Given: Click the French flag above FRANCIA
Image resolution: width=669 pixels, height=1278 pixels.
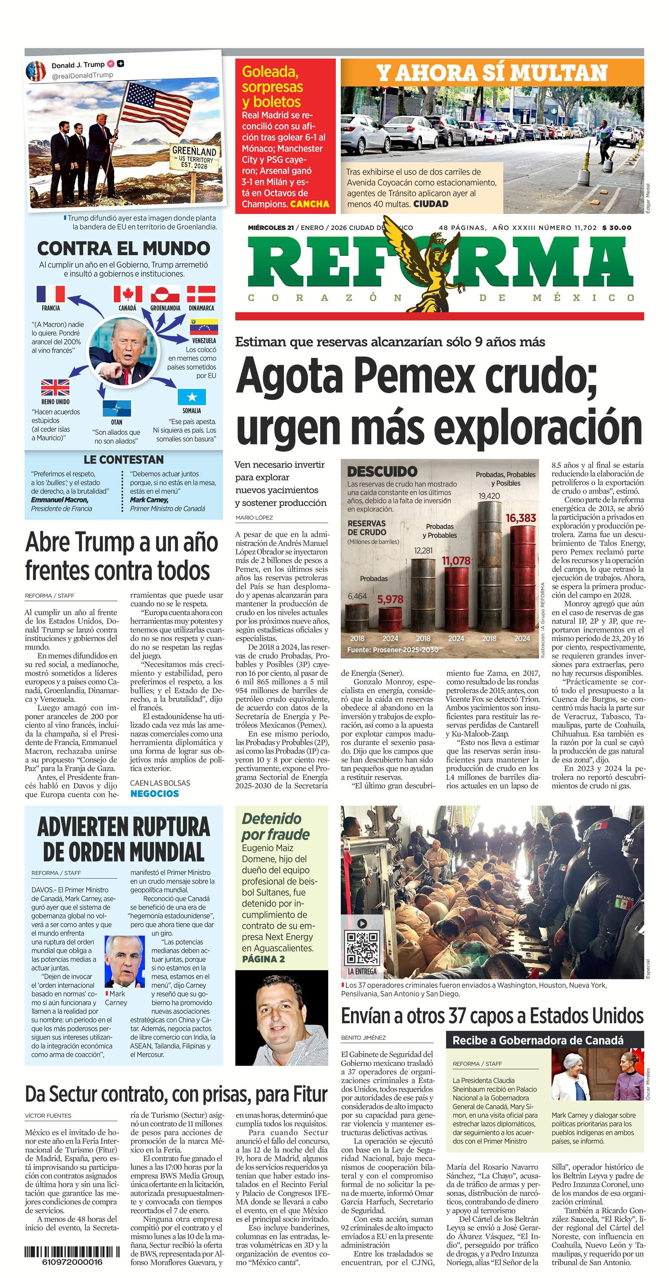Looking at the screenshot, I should point(51,294).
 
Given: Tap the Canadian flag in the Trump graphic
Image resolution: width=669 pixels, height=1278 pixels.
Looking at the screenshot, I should point(127,294).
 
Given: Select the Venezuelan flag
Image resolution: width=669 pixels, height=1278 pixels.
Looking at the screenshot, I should point(204,328).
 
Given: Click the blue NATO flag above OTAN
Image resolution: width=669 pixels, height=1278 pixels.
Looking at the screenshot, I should point(116,408).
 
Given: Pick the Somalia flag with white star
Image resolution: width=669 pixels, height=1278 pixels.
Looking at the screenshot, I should point(192,397).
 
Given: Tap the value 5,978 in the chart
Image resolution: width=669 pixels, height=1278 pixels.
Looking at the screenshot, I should point(390,599).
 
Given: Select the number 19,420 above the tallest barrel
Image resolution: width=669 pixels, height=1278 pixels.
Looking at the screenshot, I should point(489,496).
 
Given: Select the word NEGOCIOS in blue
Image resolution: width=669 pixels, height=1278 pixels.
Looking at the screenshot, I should point(154,793).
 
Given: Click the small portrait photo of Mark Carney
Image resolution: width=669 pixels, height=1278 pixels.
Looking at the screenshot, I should point(124,961).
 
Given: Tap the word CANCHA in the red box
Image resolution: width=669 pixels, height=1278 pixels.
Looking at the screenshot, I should point(310,204).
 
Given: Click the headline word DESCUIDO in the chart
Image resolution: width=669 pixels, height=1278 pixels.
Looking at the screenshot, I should point(382,471).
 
